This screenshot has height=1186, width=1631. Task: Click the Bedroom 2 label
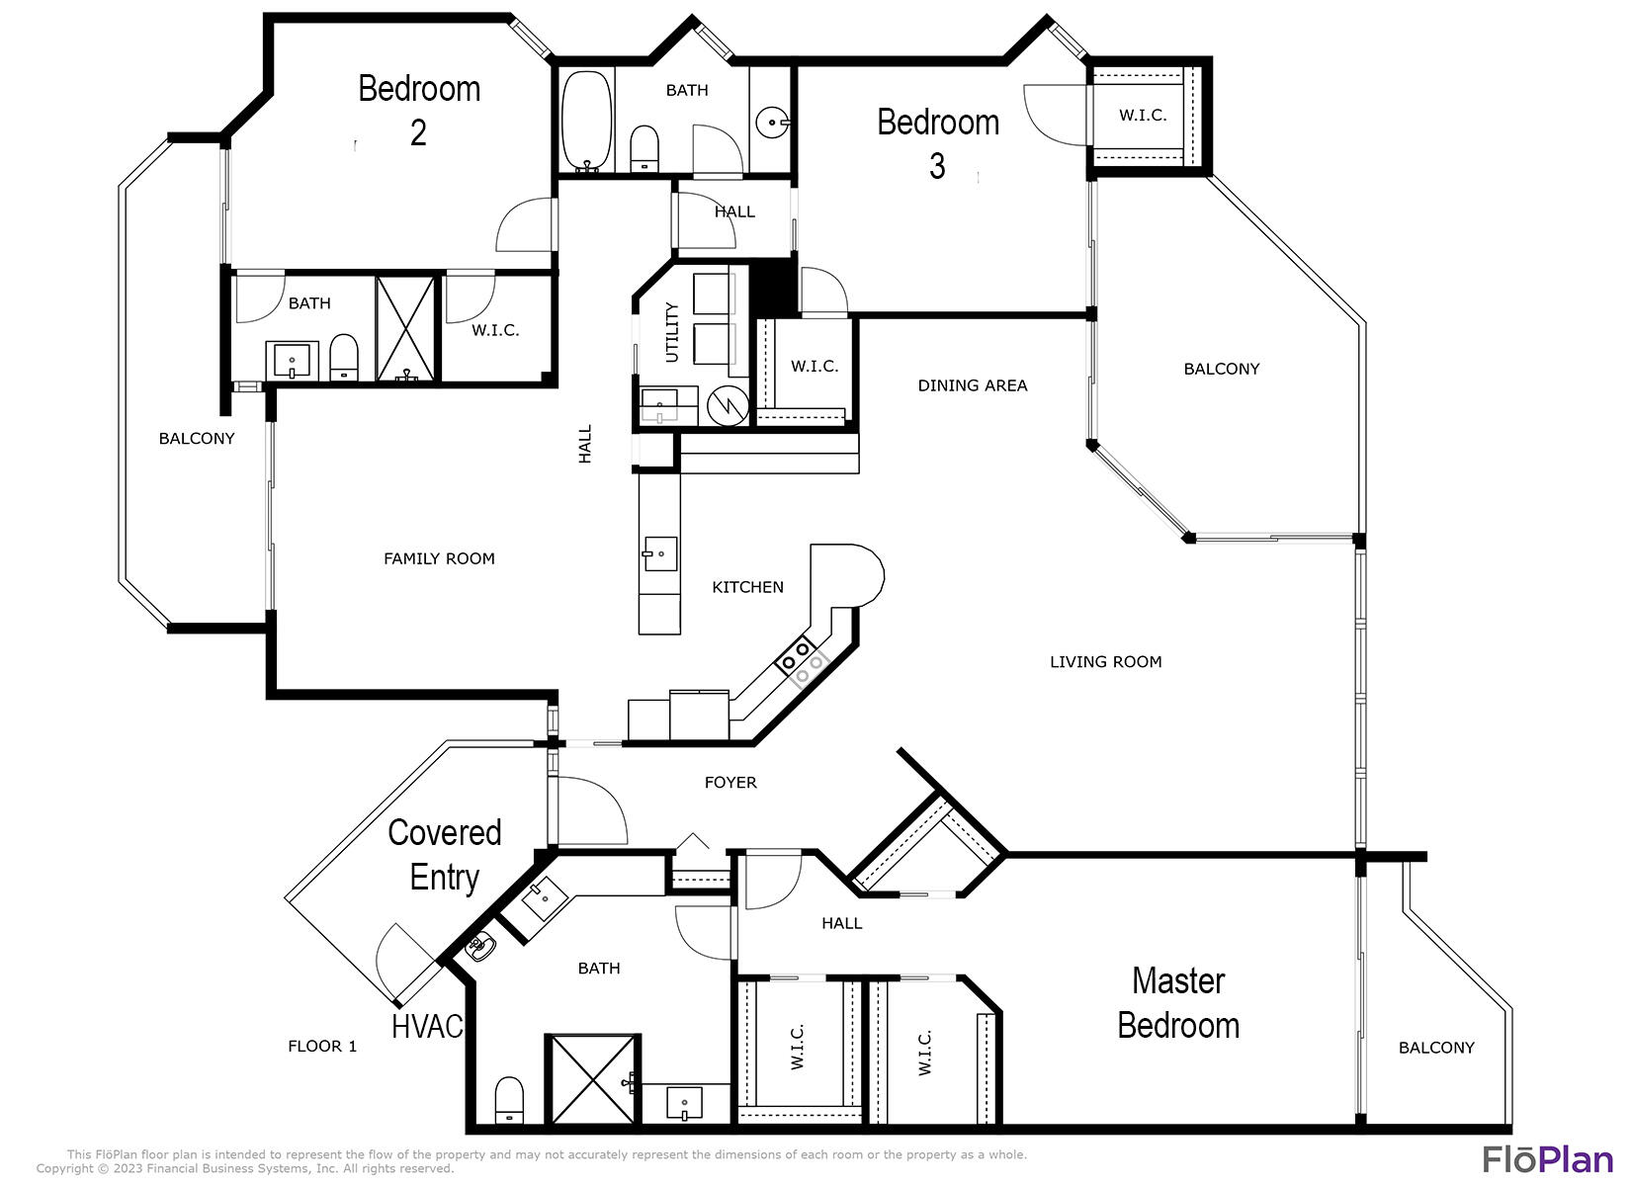coord(419,109)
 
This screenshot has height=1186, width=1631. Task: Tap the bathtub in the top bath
coord(587,119)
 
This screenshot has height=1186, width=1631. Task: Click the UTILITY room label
coord(672,332)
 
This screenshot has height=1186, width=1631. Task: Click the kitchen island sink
coord(659,554)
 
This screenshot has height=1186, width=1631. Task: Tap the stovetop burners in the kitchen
coord(804,660)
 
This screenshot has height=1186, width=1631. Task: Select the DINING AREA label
coord(972,385)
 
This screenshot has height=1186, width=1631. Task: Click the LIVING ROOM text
coord(1105,662)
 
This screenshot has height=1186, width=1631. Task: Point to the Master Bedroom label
coord(1177,1003)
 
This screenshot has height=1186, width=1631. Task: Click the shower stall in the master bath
coord(592,1079)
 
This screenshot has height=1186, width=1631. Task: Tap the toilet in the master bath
coord(509,1100)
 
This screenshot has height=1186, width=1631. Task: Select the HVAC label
coord(427,1027)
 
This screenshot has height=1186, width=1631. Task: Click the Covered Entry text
coord(445,855)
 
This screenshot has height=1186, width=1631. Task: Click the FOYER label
coord(730,783)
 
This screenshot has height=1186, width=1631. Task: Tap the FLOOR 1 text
coord(322,1046)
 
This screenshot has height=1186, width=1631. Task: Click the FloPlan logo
coord(1547,1158)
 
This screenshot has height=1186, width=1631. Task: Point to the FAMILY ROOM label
coord(439,559)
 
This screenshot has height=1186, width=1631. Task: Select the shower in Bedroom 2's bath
coord(405,328)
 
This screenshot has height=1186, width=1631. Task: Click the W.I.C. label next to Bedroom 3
coord(1143,116)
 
